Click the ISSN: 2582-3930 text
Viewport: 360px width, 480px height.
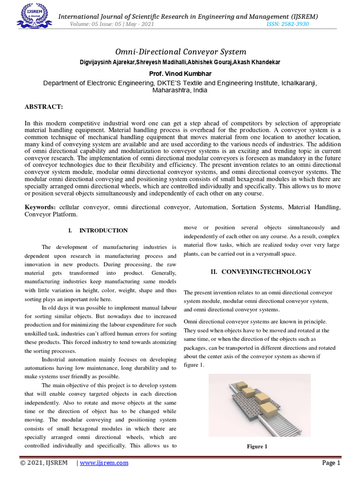click(287, 24)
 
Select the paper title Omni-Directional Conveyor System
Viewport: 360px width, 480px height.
click(180, 52)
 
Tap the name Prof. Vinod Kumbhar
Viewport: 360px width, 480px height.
click(180, 74)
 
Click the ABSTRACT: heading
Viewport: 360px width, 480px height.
click(44, 107)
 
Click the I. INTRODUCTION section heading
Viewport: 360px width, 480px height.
click(98, 231)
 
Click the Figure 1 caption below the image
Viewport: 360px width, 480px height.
click(257, 446)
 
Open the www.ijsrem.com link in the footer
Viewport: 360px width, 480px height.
click(104, 463)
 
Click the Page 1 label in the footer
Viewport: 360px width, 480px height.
click(330, 463)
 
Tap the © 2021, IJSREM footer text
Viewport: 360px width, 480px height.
click(44, 463)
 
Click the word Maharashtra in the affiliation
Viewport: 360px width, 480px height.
click(170, 90)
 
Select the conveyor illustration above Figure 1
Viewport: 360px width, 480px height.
click(259, 405)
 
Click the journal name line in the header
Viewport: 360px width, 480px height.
click(188, 16)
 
